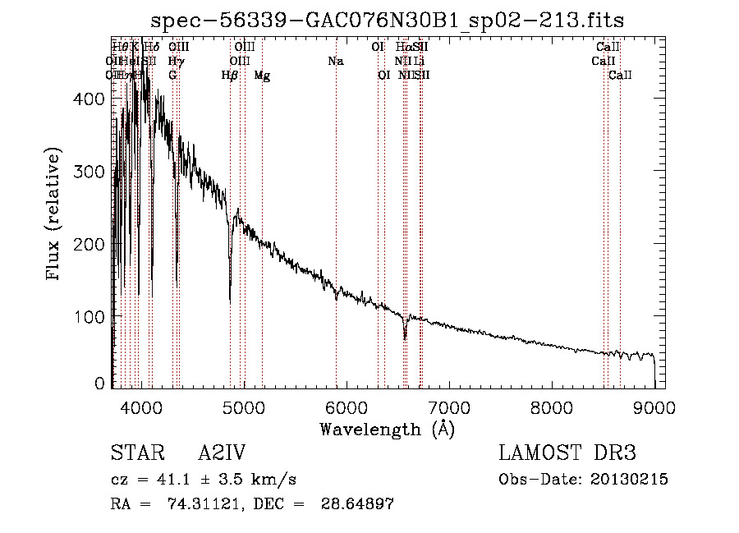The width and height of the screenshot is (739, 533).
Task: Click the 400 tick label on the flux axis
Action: [90, 99]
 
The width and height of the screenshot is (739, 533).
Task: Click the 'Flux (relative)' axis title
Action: [55, 215]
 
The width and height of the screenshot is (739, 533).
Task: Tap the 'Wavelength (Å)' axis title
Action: [387, 429]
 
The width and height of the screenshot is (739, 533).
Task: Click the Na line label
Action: [335, 62]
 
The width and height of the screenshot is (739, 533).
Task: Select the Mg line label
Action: [262, 76]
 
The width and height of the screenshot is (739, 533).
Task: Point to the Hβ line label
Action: [230, 76]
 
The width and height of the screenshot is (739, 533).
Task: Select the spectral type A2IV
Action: [222, 453]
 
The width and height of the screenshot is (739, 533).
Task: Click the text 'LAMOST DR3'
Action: [567, 453]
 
